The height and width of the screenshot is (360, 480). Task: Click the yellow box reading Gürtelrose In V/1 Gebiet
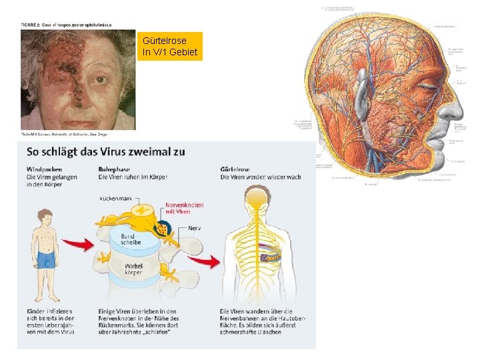click(x=170, y=46)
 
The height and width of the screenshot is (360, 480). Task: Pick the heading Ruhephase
click(x=114, y=169)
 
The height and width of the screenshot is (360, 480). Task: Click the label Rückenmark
click(x=115, y=199)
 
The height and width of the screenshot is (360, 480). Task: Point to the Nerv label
click(x=195, y=229)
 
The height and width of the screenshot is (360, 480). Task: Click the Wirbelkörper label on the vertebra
click(x=133, y=270)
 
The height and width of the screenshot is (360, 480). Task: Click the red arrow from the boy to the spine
click(x=83, y=245)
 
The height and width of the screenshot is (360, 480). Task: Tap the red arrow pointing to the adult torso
click(x=211, y=261)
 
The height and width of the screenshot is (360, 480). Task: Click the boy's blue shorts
click(x=46, y=259)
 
